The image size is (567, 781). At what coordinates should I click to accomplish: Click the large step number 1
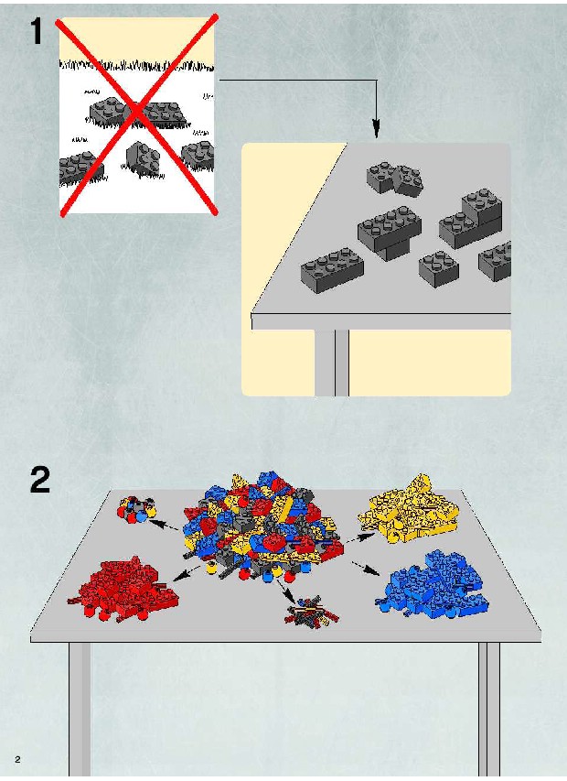37,31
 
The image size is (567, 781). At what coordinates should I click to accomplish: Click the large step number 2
40,479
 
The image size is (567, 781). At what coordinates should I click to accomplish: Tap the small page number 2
18,759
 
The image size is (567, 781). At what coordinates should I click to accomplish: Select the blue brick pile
433,584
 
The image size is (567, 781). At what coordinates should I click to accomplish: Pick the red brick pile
123,591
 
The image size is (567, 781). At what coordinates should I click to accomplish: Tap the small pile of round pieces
136,509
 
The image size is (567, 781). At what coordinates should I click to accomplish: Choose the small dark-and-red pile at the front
311,611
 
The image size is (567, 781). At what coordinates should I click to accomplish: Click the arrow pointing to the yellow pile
360,537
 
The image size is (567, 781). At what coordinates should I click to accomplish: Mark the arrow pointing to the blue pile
366,569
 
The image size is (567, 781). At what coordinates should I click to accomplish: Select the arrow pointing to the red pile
188,574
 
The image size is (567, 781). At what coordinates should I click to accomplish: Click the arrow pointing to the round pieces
164,525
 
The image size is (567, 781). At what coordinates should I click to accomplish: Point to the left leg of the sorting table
80,710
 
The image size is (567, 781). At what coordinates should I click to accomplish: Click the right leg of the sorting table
489,710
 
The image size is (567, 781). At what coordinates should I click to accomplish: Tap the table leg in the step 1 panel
332,363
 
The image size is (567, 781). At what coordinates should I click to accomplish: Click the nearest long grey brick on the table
332,269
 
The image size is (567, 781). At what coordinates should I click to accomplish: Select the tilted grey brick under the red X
143,159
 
